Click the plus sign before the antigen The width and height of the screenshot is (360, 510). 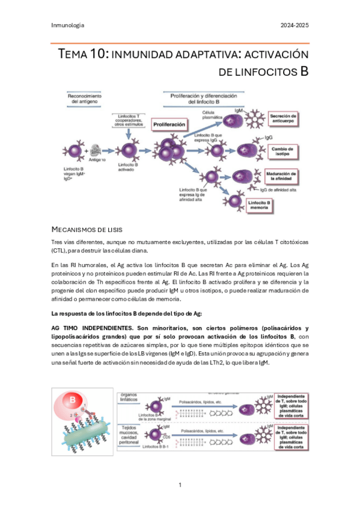point(87,150)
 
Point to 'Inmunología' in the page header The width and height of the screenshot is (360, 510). point(68,25)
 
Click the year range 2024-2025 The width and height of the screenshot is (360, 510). point(295,25)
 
